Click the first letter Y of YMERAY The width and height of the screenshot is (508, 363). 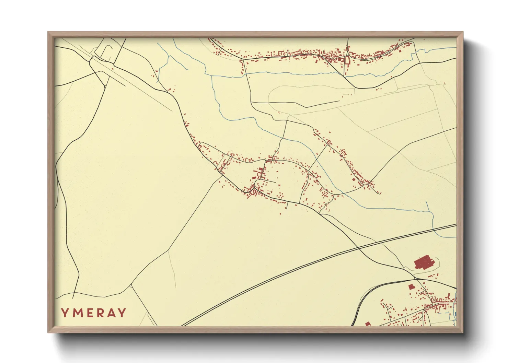(65, 313)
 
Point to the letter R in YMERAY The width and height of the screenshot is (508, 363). (100, 313)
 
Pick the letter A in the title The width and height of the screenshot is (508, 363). (111, 313)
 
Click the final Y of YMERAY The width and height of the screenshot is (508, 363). (122, 313)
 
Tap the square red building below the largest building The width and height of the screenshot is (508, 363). (411, 287)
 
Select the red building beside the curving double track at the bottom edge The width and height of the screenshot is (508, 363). (368, 324)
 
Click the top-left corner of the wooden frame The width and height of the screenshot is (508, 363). (48, 32)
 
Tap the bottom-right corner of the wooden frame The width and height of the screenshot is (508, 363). (463, 332)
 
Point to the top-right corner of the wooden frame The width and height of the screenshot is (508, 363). (463, 32)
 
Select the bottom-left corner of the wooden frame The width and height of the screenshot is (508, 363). (48, 332)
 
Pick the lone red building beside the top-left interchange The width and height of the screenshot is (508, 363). (157, 71)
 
